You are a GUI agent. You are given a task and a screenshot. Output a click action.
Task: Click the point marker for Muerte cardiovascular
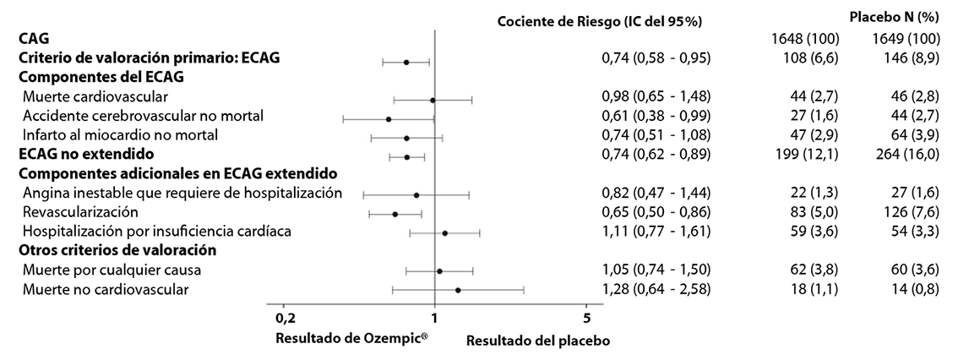click(x=433, y=100)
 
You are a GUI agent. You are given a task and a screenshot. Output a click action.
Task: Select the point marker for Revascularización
click(x=395, y=214)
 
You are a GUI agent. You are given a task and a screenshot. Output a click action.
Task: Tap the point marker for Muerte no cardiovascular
click(x=458, y=290)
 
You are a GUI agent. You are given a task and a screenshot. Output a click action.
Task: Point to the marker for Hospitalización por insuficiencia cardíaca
click(x=445, y=232)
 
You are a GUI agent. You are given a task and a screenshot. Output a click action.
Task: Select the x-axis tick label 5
click(x=587, y=319)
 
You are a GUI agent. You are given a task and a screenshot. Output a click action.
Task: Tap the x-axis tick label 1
click(x=434, y=319)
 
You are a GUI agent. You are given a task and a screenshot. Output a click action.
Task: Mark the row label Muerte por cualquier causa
click(x=112, y=270)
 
